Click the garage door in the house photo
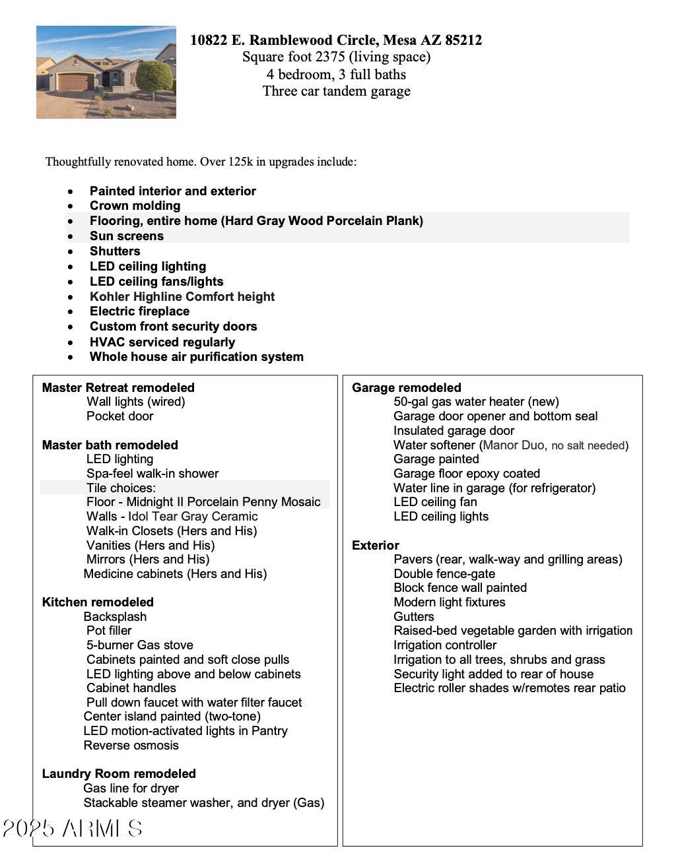tap(75, 82)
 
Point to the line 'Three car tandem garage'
tap(336, 91)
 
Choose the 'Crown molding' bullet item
tap(135, 206)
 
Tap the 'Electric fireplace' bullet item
tap(139, 311)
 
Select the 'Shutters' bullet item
tap(115, 251)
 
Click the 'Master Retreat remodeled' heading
tap(118, 388)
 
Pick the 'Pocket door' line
tap(119, 416)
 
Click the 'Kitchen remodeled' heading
tap(98, 602)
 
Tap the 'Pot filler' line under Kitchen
tap(109, 631)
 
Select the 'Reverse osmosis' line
tap(131, 746)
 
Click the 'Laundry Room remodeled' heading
tap(119, 774)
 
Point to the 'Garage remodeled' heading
tap(406, 388)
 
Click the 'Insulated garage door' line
tap(454, 431)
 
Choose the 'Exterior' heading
tap(375, 546)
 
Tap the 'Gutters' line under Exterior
tap(414, 617)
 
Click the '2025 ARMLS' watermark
tap(73, 829)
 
